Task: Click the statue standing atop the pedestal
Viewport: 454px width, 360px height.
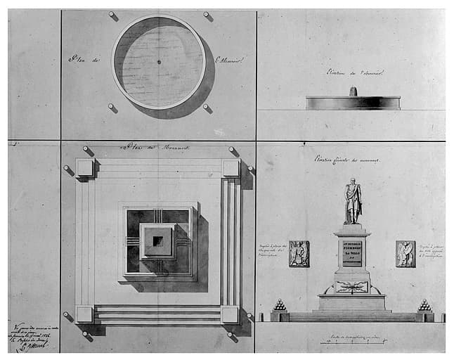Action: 353,202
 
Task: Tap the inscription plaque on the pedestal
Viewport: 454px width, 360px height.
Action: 352,252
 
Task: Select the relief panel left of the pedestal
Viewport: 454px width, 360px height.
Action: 299,253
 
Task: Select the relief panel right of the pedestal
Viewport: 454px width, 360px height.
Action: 405,253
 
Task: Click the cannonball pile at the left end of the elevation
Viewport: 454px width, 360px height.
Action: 280,306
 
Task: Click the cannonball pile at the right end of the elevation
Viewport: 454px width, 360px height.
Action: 424,306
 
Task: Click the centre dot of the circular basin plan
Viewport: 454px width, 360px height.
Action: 159,62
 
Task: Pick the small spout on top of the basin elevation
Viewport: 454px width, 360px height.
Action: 353,91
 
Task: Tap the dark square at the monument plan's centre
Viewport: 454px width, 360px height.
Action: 158,241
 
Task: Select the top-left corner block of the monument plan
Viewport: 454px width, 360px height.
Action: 85,167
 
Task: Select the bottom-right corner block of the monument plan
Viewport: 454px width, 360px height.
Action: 230,314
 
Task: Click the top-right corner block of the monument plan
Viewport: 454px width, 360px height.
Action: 231,167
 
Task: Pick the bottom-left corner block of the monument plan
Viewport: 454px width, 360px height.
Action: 85,314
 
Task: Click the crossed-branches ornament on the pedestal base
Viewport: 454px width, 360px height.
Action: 351,286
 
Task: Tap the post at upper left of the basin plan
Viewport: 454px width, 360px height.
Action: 112,15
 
